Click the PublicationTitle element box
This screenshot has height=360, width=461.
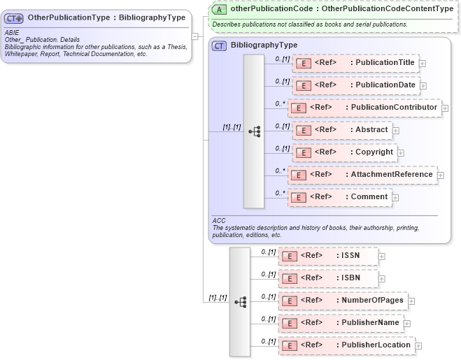355,63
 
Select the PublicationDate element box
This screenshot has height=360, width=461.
356,85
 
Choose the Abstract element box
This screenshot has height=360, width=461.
341,130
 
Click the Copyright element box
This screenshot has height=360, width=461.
343,152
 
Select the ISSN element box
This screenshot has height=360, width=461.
328,256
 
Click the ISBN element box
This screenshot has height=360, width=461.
328,278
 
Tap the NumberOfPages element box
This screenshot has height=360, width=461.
342,301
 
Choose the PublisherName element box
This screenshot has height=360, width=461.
340,323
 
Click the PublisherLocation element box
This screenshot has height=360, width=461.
346,345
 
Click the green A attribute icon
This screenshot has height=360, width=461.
220,9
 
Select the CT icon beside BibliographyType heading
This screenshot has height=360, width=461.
220,45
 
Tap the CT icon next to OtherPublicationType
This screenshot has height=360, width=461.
15,17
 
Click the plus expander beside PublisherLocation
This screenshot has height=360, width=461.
418,345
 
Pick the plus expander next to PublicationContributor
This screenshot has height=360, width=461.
445,108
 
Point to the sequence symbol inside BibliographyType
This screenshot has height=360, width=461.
254,131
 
